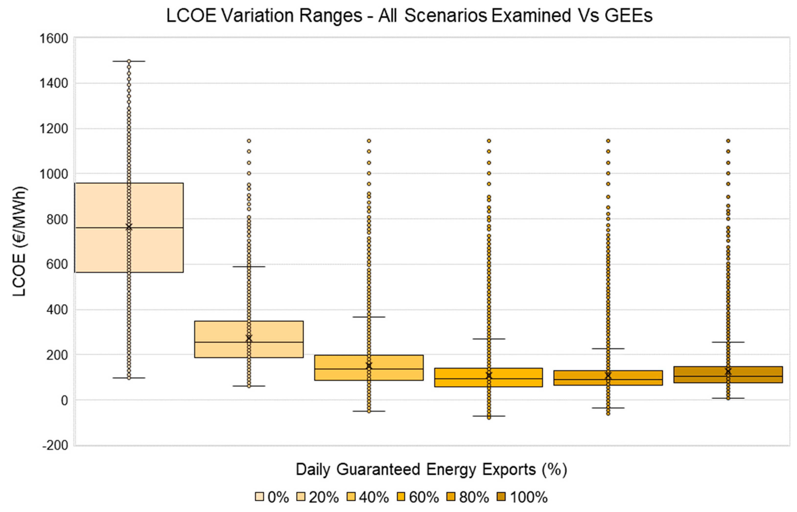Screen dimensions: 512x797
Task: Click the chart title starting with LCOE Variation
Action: click(409, 16)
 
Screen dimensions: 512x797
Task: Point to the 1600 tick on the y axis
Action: click(54, 39)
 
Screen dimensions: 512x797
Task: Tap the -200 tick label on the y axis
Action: click(55, 445)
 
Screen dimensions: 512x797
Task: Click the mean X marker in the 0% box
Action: click(129, 227)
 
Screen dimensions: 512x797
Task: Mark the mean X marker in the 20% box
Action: click(249, 338)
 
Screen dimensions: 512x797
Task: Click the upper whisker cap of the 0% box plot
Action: click(129, 61)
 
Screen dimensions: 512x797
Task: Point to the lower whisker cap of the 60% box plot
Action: click(489, 416)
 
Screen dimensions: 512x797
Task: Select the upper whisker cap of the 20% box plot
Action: click(249, 267)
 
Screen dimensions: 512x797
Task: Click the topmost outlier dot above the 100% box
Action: click(728, 141)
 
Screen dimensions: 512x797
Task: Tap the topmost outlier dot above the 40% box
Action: click(369, 141)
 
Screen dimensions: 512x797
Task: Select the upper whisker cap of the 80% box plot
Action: click(608, 349)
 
